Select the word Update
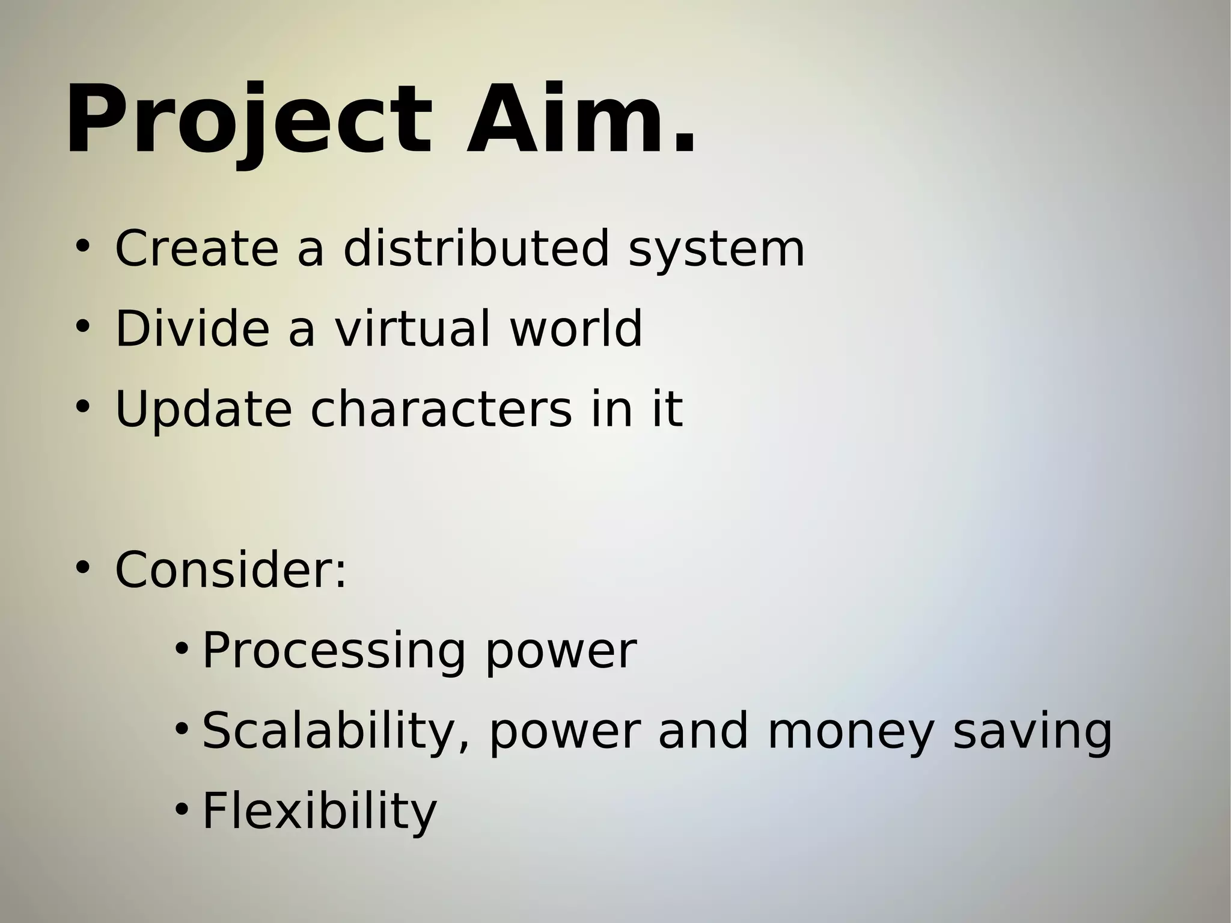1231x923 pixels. click(x=203, y=410)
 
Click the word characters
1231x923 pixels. click(x=441, y=410)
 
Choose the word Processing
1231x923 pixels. click(x=334, y=651)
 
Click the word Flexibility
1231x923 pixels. click(x=319, y=811)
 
